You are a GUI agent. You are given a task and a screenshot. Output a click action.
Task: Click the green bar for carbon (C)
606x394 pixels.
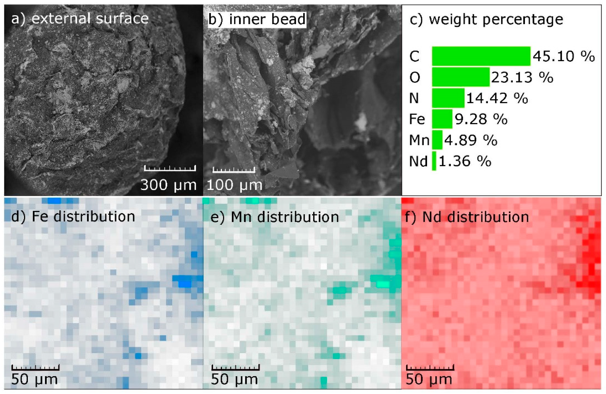point(481,56)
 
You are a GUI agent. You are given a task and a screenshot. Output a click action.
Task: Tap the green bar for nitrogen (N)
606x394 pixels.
point(448,98)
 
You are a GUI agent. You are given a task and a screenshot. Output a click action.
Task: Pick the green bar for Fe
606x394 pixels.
point(442,119)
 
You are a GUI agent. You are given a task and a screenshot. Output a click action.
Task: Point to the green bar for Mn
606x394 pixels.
point(437,140)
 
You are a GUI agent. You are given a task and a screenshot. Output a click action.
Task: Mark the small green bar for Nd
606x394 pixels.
point(434,161)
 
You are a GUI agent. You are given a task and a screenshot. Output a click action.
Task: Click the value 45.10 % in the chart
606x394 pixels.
point(564,56)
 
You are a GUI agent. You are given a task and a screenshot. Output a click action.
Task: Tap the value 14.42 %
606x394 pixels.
point(497,98)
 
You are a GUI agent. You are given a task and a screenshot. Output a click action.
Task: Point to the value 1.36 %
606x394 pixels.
point(465,161)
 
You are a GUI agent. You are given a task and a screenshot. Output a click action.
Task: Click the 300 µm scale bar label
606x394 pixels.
point(168,185)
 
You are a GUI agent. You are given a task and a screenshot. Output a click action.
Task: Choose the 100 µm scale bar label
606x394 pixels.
point(234,185)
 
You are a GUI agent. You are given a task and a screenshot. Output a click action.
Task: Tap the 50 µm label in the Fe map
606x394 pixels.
point(34,379)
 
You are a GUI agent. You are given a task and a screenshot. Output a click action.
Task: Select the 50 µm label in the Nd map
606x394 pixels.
point(429,379)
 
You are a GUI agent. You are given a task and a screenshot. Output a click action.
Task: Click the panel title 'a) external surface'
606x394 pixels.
point(80,19)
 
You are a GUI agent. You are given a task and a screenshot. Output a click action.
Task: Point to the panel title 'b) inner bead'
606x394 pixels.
point(257,19)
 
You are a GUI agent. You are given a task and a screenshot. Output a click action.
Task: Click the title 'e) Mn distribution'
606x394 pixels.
point(274,217)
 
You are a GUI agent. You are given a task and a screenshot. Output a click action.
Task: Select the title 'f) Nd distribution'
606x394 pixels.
point(467,217)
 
